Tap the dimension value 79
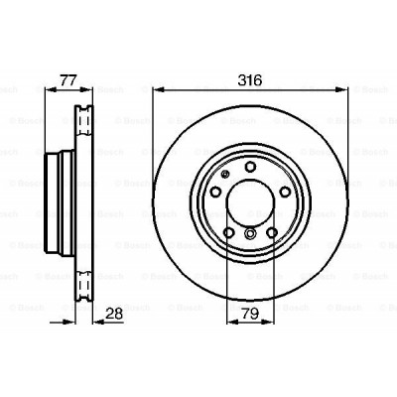click(250, 316)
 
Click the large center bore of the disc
click(249, 199)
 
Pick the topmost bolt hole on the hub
click(249, 166)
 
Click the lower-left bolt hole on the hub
click(229, 232)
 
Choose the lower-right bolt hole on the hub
click(270, 232)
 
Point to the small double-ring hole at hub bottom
click(249, 234)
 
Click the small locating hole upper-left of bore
click(226, 176)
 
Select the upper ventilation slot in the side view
click(83, 124)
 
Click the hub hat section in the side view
click(58, 199)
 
